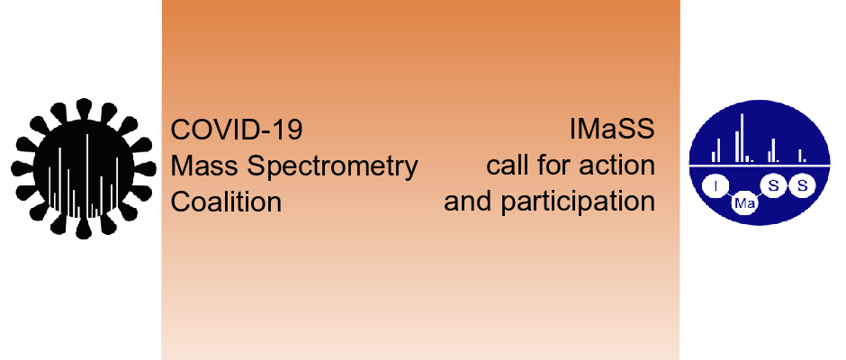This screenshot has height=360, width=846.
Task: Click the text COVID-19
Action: (x=237, y=130)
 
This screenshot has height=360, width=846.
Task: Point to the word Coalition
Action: (x=226, y=202)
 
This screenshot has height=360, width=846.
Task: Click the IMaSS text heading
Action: (x=612, y=130)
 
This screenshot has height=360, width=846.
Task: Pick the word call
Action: (x=507, y=166)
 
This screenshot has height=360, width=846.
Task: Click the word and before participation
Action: (x=467, y=202)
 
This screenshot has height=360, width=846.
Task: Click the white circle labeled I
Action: (x=715, y=187)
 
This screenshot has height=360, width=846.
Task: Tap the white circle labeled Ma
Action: (x=744, y=204)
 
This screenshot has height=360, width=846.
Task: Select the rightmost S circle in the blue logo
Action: (x=802, y=186)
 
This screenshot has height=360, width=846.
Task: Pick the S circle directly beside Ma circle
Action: (x=774, y=186)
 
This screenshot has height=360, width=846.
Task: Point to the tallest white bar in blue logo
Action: (x=742, y=138)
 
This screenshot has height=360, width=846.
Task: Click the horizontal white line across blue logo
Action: (x=759, y=166)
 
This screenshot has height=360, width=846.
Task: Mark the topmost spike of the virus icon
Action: (x=83, y=108)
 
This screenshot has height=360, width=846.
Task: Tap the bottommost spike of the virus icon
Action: (x=83, y=229)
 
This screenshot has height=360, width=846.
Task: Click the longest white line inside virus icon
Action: (x=87, y=174)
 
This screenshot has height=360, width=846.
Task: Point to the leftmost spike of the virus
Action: (x=22, y=169)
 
